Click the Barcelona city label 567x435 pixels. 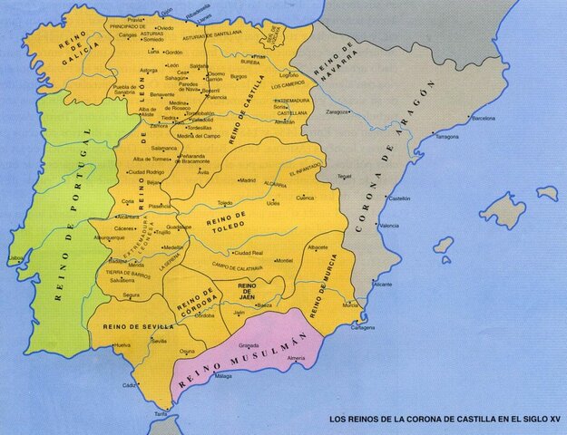coord(484,118)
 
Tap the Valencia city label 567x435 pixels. coord(389,225)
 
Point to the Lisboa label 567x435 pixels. coord(15,257)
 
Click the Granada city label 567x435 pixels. coord(249,344)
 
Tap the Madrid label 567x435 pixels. coord(247,180)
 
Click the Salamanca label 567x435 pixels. coord(165,147)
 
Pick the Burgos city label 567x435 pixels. coord(240,77)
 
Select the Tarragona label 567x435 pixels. coord(447,137)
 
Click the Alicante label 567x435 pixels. coord(383,284)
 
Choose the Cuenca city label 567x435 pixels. coord(304,197)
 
